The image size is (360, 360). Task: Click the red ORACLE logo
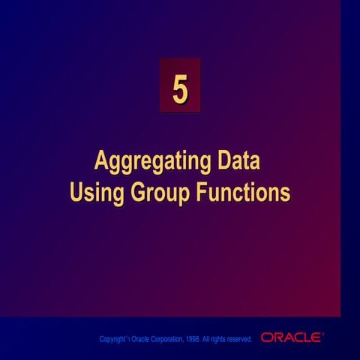[x=292, y=338]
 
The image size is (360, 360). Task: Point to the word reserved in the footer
[x=238, y=340]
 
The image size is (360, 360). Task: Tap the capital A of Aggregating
[x=100, y=161]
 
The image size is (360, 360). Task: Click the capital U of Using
[x=76, y=192]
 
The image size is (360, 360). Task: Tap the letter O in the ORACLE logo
[x=267, y=338]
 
